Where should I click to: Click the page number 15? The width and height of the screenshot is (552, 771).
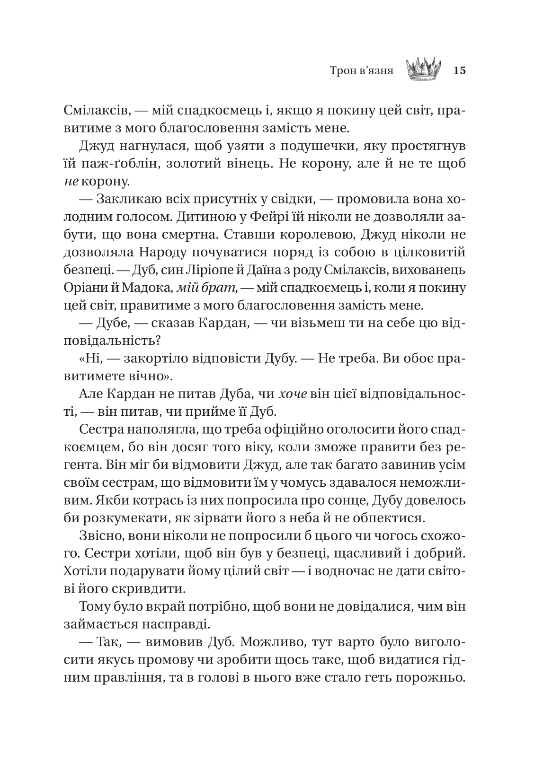pos(460,71)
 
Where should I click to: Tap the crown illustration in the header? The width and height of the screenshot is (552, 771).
pos(423,69)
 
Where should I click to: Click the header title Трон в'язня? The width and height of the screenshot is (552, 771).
pos(362,71)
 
